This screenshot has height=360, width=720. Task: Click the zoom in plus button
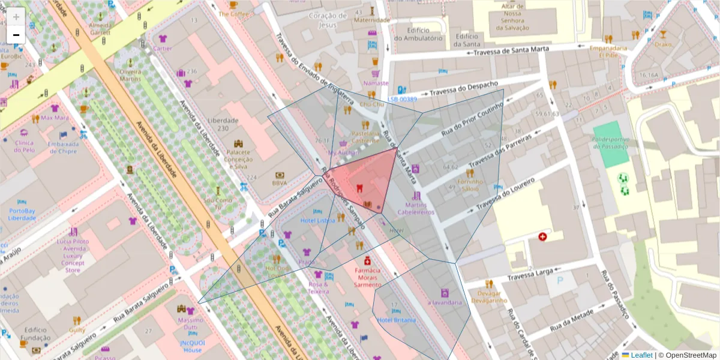point(16,16)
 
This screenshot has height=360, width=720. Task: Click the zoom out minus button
point(16,35)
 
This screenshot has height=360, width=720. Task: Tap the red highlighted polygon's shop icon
point(359,188)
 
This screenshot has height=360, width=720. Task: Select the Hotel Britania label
point(397,320)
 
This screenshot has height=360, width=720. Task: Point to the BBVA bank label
point(280,182)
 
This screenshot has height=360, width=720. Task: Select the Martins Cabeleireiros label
point(416,209)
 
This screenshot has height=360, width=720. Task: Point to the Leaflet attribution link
point(641,355)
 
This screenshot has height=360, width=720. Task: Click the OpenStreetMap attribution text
point(687,355)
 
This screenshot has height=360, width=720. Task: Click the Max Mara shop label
point(55,118)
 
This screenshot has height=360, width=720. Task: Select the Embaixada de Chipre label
point(63,148)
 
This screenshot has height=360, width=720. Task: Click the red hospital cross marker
point(543,237)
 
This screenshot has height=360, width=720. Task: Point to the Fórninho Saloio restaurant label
point(470,184)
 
